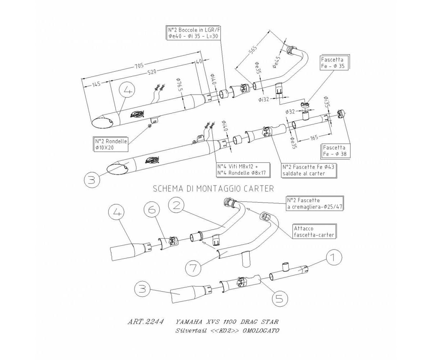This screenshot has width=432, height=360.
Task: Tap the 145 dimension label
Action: (96, 84)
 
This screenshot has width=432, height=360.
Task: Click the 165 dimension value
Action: (314, 137)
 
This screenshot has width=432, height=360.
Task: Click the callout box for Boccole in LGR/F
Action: (193, 33)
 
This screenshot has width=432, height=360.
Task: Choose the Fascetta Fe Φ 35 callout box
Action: (334, 63)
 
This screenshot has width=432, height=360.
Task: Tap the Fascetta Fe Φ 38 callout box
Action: (335, 151)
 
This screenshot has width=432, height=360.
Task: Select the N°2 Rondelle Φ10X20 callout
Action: (111, 144)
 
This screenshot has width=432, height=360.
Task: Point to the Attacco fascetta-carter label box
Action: (314, 231)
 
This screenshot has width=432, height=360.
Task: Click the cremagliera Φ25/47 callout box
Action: (314, 203)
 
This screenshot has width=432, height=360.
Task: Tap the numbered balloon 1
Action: (334, 258)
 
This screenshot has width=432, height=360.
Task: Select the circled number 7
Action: (193, 268)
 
